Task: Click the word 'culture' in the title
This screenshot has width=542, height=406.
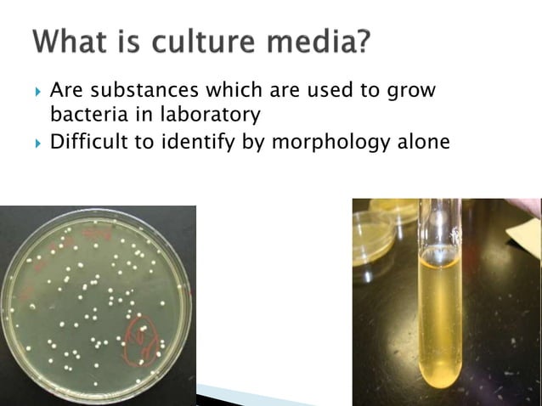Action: [x=199, y=41]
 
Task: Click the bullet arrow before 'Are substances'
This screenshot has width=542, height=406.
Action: [x=37, y=90]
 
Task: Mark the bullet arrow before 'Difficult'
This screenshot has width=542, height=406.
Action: [x=37, y=142]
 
